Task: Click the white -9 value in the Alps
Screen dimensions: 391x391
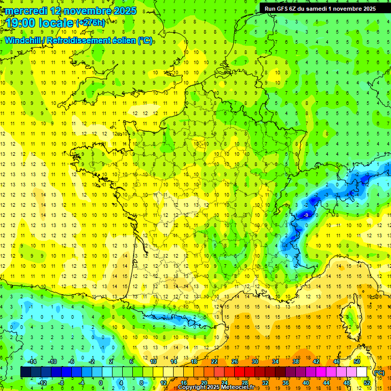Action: pos(305,216)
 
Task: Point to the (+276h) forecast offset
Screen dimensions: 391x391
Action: pos(91,23)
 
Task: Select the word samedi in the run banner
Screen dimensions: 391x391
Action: pos(322,8)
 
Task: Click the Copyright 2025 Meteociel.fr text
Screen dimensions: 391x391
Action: pos(216,387)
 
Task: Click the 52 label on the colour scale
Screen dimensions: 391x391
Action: pos(367,382)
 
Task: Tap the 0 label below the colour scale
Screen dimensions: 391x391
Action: pos(100,382)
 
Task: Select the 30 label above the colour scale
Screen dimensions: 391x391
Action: pos(255,361)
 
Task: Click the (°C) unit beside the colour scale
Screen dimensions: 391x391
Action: pos(379,372)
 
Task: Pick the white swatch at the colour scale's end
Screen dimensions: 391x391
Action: pos(362,372)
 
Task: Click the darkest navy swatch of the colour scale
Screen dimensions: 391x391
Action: pos(25,372)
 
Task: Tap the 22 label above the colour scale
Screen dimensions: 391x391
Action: pos(214,361)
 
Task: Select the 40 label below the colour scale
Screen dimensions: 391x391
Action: pos(306,382)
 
